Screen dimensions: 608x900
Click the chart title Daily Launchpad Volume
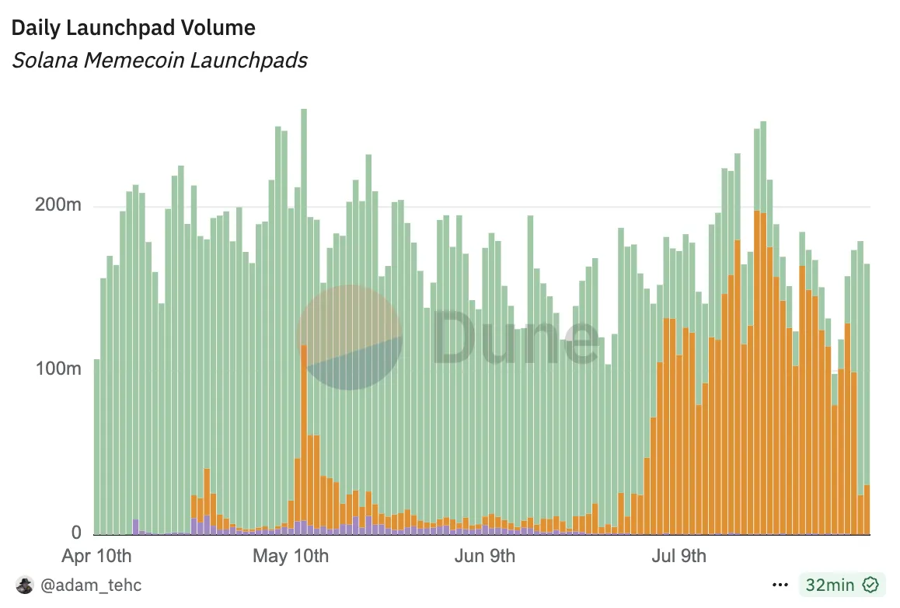click(x=133, y=28)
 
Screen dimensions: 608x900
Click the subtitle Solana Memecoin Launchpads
click(x=159, y=60)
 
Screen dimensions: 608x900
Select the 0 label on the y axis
click(x=76, y=533)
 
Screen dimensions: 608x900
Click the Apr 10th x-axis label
click(x=96, y=556)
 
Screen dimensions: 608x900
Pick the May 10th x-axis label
click(x=291, y=556)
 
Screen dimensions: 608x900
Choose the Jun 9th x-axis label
click(x=485, y=556)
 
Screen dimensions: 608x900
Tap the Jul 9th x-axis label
click(x=677, y=556)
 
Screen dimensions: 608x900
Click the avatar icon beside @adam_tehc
click(x=25, y=585)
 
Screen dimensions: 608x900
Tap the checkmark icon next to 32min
click(x=871, y=585)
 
